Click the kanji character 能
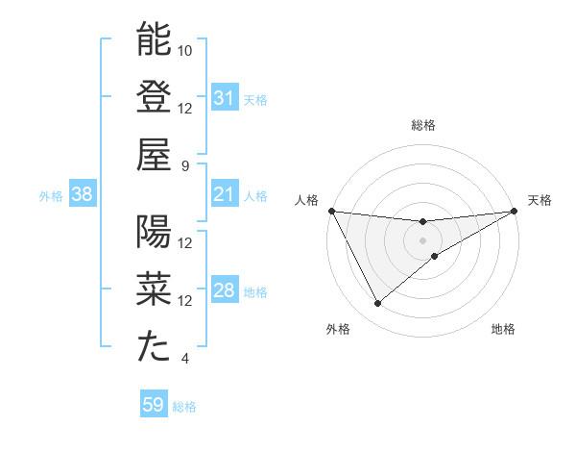pos(154,39)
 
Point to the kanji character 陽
pos(154,233)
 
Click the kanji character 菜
pos(154,290)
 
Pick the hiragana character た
pos(154,348)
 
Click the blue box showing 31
pos(224,98)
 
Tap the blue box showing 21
pos(224,195)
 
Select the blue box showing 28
pos(224,291)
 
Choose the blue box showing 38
pos(82,195)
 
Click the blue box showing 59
pos(153,405)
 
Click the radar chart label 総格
pos(423,125)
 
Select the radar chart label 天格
pos(540,200)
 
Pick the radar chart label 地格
pos(503,329)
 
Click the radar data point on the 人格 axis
pos(331,211)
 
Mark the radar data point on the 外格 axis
pos(378,303)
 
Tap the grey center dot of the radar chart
pos(423,239)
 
